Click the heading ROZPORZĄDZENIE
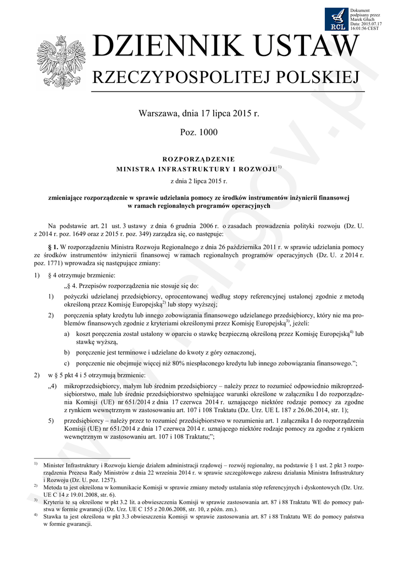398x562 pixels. click(198, 159)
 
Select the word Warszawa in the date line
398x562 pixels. click(158, 114)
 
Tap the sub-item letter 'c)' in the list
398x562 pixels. click(67, 363)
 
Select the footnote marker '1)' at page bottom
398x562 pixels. click(36, 464)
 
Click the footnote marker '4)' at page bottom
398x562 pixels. click(36, 516)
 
